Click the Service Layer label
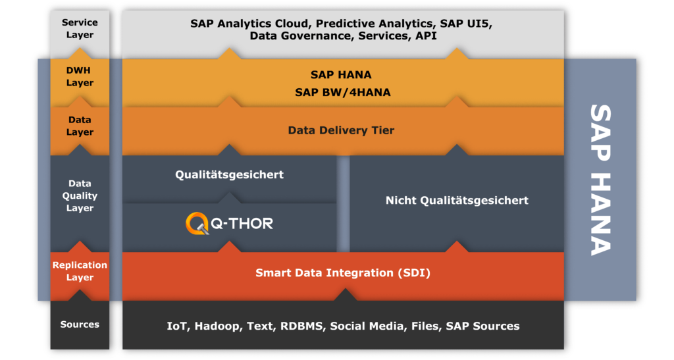tap(80, 28)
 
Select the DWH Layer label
tap(80, 76)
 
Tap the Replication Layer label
tap(80, 271)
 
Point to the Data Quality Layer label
tap(80, 195)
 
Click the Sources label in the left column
tap(80, 324)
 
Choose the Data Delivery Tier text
tap(341, 130)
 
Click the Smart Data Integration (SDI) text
tap(342, 272)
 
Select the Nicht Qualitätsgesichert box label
tap(457, 200)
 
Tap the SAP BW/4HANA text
tap(342, 92)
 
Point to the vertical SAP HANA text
tap(600, 180)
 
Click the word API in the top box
tap(426, 36)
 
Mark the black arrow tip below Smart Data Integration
tap(345, 289)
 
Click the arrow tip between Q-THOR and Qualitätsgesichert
tap(229, 193)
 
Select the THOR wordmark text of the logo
tap(247, 223)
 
